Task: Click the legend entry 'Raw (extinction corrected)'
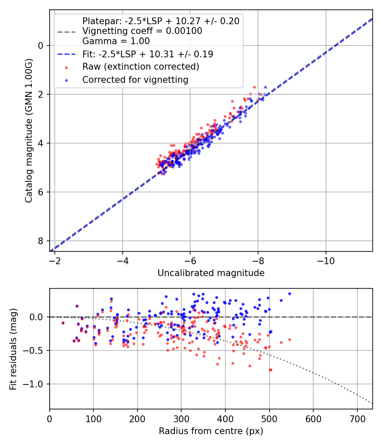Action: point(140,67)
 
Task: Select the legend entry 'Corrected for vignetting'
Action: point(135,79)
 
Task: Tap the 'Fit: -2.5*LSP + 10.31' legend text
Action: point(148,54)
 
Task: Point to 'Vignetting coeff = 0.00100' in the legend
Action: point(142,31)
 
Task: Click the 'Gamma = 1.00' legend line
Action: point(116,41)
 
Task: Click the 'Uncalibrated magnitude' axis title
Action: point(211,273)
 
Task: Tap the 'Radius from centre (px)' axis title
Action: point(211,431)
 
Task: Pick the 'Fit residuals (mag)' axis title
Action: point(13,349)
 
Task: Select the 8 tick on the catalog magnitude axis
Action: point(41,241)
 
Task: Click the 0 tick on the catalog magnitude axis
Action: point(41,45)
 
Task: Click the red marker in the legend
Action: point(66,67)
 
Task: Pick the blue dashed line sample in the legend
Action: point(66,54)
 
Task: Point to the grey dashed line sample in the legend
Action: point(66,31)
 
